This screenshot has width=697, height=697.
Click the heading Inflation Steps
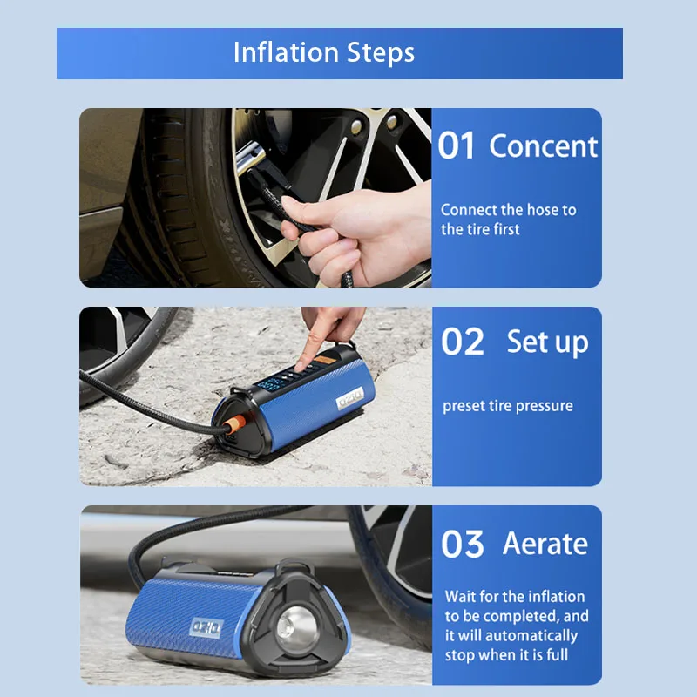[x=323, y=52]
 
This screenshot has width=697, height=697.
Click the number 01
[x=456, y=146]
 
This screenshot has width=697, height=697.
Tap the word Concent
[x=544, y=146]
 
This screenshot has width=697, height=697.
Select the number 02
[x=462, y=342]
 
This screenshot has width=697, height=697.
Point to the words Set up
[x=547, y=342]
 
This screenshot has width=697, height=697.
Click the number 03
[x=462, y=545]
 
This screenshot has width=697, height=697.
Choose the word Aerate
[x=545, y=544]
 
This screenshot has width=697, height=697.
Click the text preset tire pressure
[x=507, y=406]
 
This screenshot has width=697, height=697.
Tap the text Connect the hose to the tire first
[x=508, y=220]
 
